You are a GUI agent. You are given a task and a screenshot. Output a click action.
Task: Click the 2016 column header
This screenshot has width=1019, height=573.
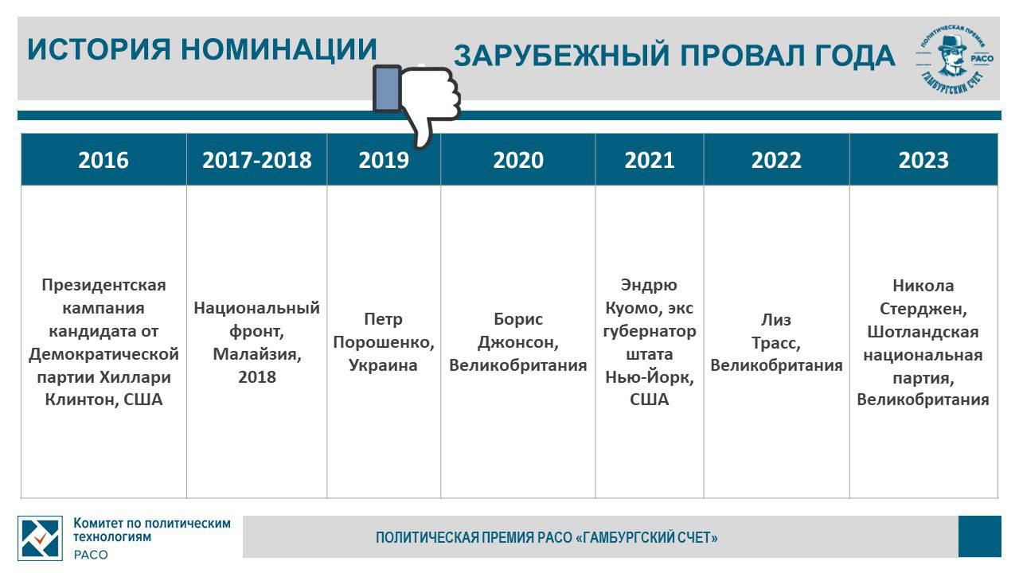(x=103, y=160)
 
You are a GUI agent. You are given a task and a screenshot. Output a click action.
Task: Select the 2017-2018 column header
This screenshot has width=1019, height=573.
(x=256, y=160)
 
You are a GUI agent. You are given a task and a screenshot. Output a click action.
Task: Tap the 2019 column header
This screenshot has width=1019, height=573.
(x=384, y=160)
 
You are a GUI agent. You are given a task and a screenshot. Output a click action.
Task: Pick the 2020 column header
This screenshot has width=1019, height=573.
(x=518, y=160)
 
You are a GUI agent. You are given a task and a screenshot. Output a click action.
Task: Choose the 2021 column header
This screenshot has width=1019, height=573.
(x=649, y=160)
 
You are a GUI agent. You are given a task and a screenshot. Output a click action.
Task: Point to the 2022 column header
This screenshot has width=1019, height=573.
(x=776, y=160)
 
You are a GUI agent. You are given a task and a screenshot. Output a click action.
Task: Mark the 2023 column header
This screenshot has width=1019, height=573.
(x=923, y=160)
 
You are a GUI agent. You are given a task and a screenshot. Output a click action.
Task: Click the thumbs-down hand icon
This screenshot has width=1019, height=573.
(x=416, y=103)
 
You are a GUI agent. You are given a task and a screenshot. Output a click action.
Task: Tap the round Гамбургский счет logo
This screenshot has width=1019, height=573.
(x=955, y=59)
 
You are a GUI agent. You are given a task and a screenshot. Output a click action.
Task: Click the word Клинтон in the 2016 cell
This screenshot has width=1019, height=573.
(x=81, y=400)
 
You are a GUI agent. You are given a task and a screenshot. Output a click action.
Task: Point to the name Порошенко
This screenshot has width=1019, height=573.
(x=384, y=342)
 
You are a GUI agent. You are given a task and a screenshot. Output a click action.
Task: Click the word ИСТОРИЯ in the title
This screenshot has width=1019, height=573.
(x=99, y=49)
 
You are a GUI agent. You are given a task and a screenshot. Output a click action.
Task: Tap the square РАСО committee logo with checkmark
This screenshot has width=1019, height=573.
(x=40, y=538)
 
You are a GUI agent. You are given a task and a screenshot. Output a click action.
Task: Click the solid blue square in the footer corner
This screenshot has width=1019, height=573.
(x=980, y=536)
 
